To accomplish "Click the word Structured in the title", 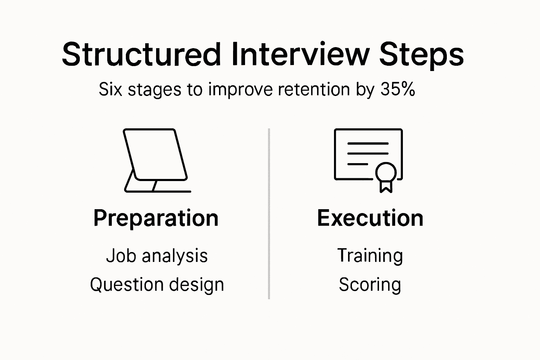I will click(141, 54).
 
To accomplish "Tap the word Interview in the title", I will click(301, 54).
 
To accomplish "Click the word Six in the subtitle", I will click(111, 89).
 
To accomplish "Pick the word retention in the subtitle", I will click(314, 89).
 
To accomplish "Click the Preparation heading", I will click(156, 218).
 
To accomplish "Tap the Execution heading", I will click(370, 218).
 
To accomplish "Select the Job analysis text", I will click(157, 256).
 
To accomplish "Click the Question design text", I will click(157, 284).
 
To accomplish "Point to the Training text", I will click(370, 256).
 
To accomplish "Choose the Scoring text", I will click(370, 284).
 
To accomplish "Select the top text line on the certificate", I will click(368, 143).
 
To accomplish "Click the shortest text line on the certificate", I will click(358, 164).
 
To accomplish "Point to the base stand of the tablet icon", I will click(157, 191).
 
